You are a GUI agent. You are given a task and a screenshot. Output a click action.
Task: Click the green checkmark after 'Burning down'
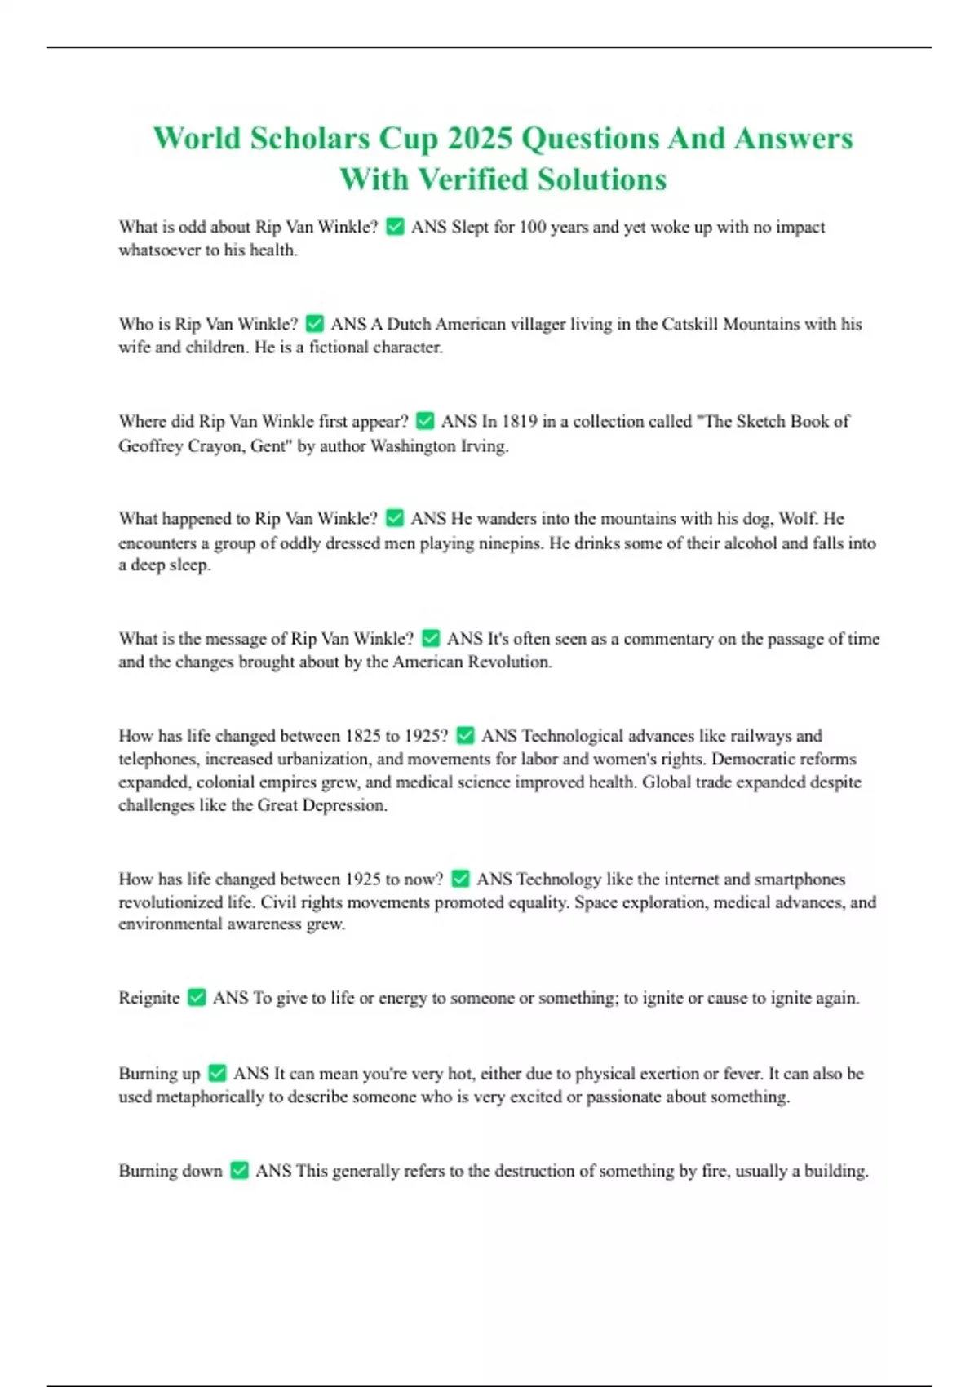[x=239, y=1171]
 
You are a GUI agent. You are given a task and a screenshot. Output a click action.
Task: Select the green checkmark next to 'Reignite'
[x=197, y=998]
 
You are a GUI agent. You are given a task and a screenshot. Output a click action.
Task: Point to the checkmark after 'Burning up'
[x=217, y=1074]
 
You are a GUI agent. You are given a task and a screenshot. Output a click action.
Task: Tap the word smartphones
[x=800, y=880]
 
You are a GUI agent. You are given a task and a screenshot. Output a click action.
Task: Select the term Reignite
[x=148, y=998]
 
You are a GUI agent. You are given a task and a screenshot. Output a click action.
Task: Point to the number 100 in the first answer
[x=532, y=227]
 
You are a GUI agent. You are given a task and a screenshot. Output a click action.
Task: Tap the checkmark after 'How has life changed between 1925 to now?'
[x=460, y=879]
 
